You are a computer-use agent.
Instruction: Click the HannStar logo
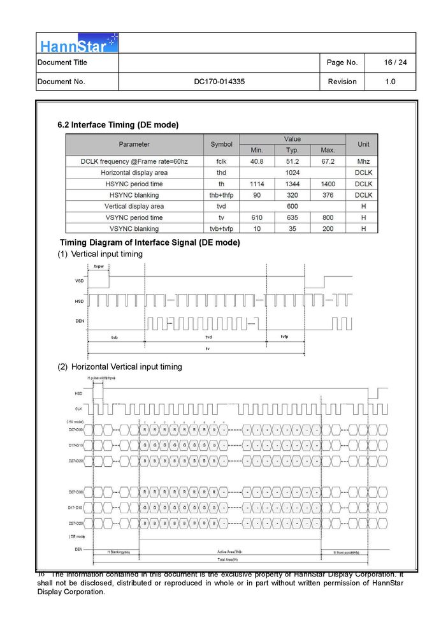pyautogui.click(x=77, y=44)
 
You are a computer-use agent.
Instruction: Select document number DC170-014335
pyautogui.click(x=219, y=82)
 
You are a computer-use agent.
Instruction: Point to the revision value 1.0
pyautogui.click(x=390, y=82)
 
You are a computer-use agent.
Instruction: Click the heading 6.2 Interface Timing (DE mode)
pyautogui.click(x=118, y=125)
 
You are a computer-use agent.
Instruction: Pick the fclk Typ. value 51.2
pyautogui.click(x=292, y=161)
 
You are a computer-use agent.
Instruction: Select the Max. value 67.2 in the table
pyautogui.click(x=328, y=161)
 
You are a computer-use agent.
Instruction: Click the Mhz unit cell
pyautogui.click(x=363, y=161)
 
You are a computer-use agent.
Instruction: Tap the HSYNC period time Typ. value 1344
pyautogui.click(x=292, y=184)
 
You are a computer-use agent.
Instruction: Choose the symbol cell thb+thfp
pyautogui.click(x=221, y=195)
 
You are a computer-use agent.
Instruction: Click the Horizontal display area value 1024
pyautogui.click(x=293, y=173)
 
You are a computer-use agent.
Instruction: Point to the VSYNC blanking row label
pyautogui.click(x=134, y=228)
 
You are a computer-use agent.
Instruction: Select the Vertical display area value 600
pyautogui.click(x=293, y=206)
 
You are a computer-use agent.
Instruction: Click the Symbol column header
pyautogui.click(x=221, y=145)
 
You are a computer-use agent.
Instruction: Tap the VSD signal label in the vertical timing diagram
pyautogui.click(x=79, y=281)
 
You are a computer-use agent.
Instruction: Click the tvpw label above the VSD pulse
pyautogui.click(x=99, y=266)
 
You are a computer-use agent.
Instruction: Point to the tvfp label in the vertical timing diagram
pyautogui.click(x=284, y=336)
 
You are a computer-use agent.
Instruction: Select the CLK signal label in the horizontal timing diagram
pyautogui.click(x=78, y=409)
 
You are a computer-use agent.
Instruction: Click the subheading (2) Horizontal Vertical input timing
pyautogui.click(x=120, y=367)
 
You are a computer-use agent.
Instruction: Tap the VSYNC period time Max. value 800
pyautogui.click(x=328, y=217)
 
